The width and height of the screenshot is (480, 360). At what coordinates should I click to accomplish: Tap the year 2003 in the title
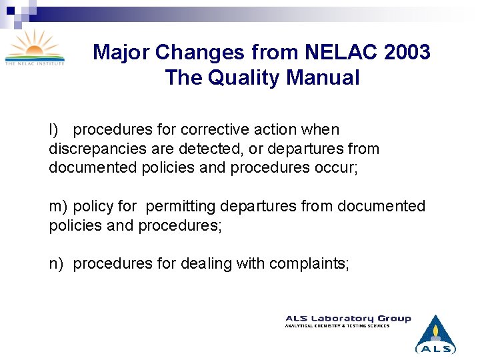(407, 52)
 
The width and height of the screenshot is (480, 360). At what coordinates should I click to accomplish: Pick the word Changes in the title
(189, 52)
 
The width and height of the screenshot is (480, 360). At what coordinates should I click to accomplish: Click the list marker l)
(53, 130)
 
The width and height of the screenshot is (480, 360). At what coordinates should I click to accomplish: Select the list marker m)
(57, 207)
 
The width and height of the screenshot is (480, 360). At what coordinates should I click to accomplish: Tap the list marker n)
(56, 264)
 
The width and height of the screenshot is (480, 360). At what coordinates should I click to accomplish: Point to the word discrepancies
(96, 149)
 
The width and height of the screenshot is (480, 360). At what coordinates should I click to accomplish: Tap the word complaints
(309, 264)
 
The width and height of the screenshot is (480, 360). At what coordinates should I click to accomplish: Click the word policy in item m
(93, 207)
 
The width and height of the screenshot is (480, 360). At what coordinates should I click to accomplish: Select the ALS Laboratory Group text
(348, 319)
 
